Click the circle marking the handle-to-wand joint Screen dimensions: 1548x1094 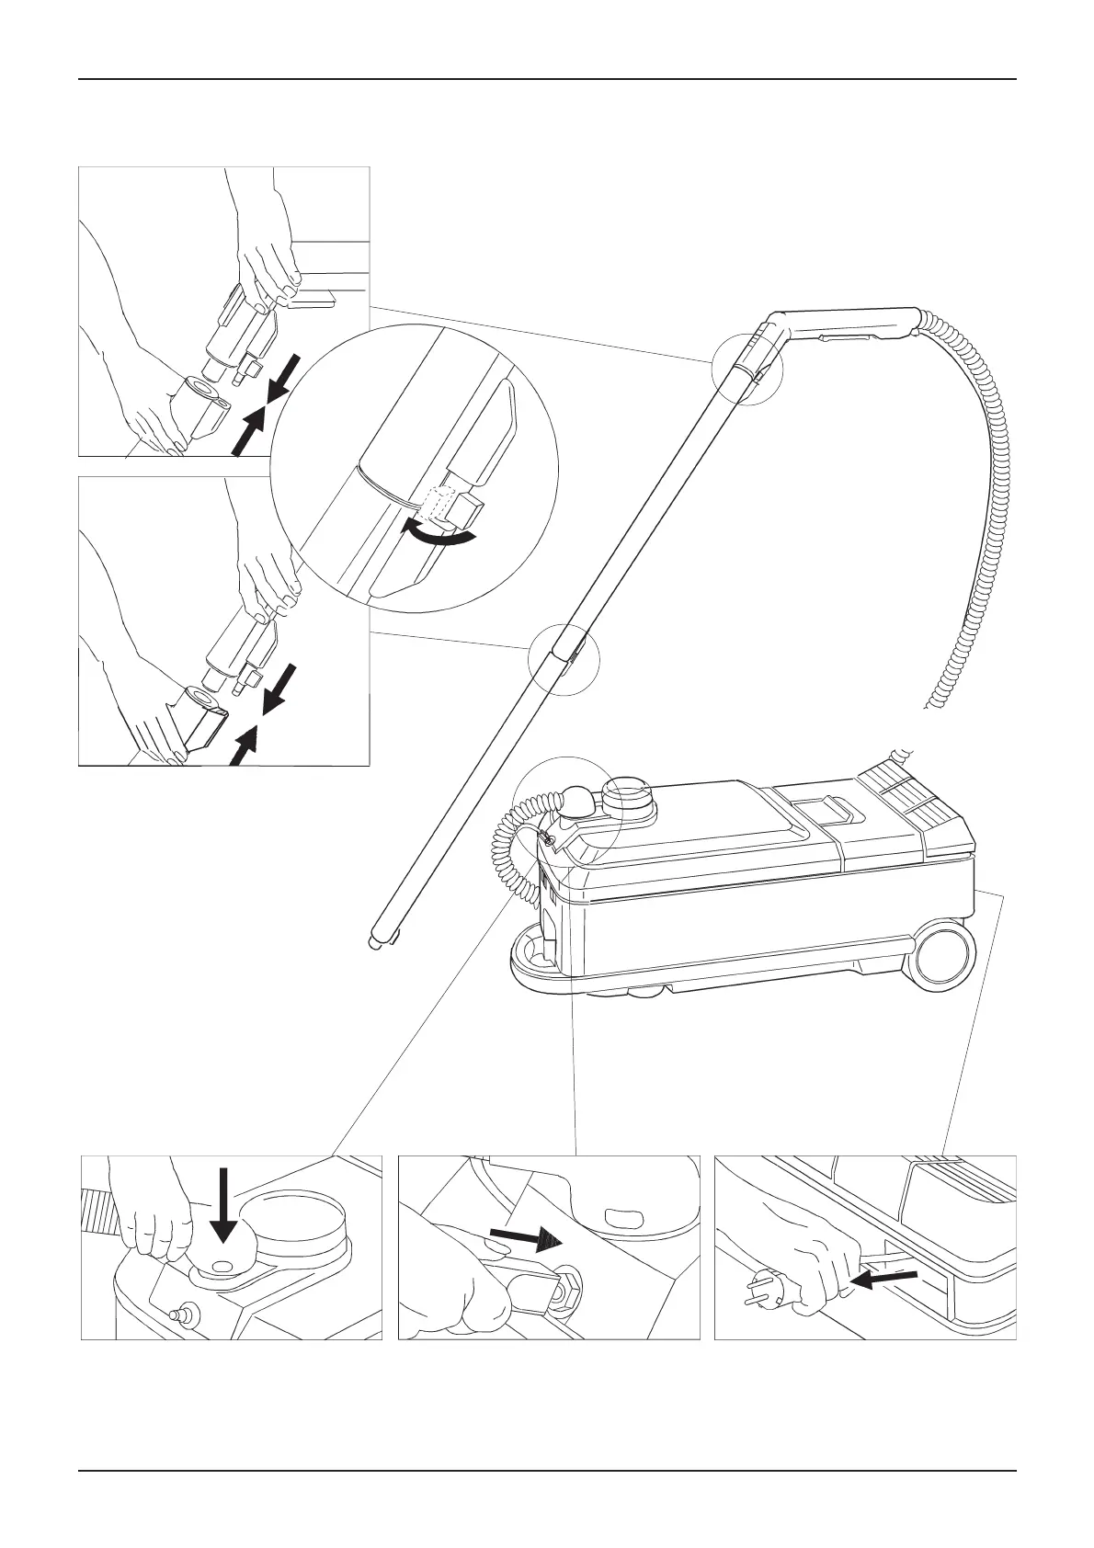pos(746,370)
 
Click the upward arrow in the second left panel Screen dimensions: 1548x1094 pos(243,743)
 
